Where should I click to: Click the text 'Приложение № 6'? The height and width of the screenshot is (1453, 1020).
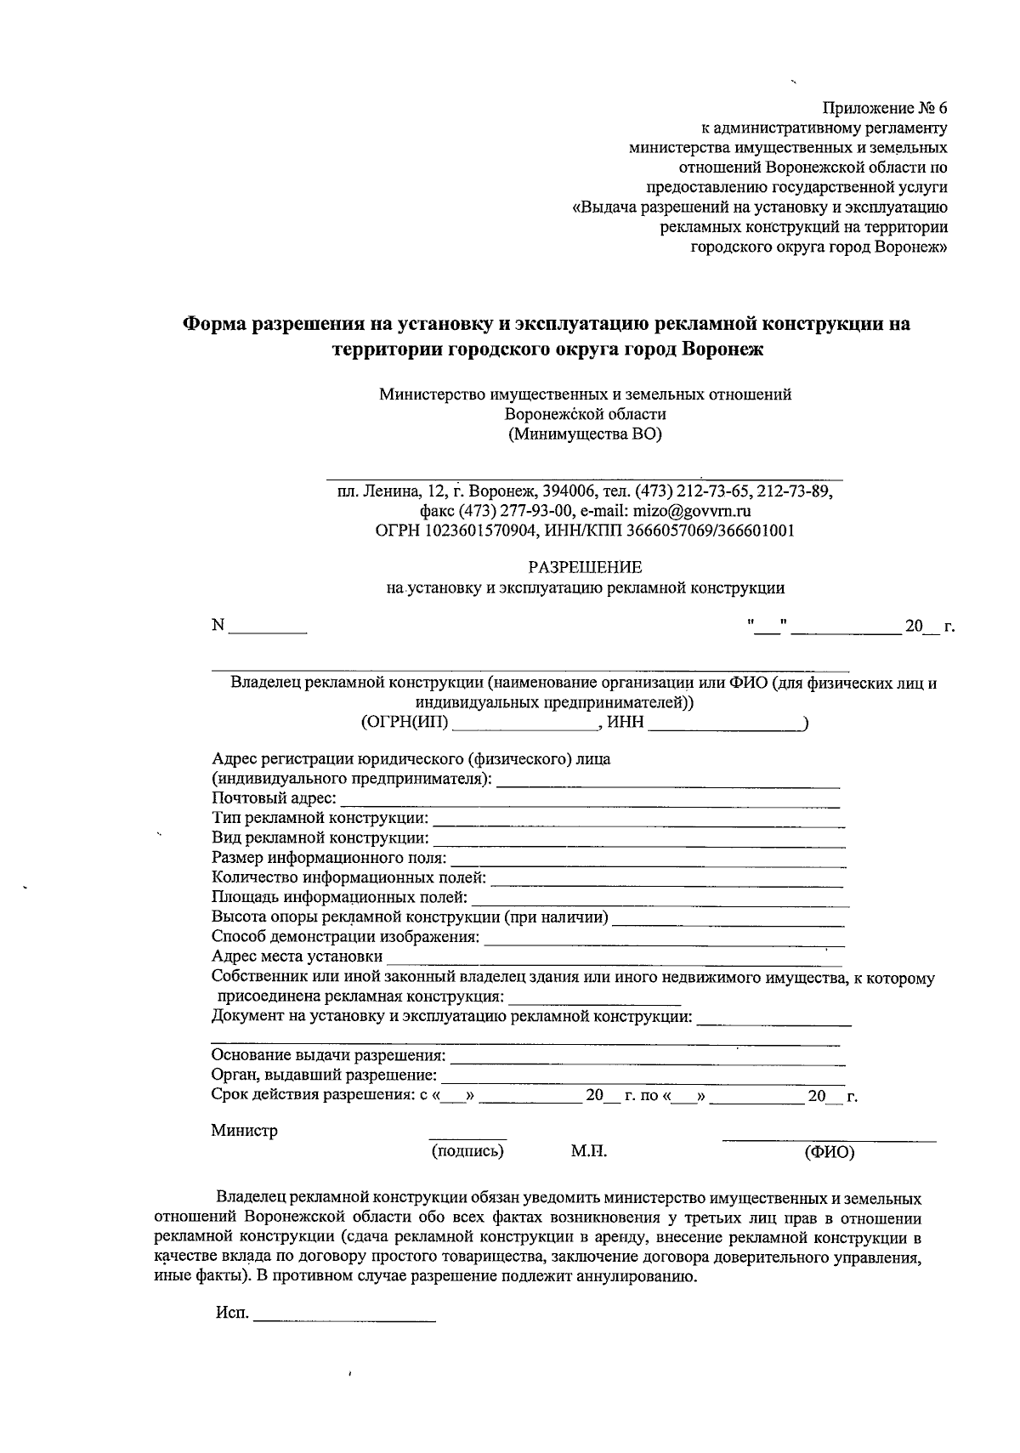[883, 109]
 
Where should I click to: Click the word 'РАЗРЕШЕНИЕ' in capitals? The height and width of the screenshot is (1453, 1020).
[585, 567]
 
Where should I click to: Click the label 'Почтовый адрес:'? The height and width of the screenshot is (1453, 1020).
[274, 798]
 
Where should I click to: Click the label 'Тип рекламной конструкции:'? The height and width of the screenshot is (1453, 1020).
[320, 818]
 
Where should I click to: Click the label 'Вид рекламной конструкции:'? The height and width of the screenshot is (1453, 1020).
[320, 837]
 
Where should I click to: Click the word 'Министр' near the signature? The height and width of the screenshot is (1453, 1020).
[244, 1131]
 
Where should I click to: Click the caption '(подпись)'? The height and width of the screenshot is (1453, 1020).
[467, 1151]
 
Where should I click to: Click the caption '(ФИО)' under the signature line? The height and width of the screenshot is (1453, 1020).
[829, 1153]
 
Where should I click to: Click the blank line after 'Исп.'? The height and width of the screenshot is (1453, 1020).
[345, 1318]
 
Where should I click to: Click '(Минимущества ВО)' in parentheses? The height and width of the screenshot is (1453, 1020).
[585, 434]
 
